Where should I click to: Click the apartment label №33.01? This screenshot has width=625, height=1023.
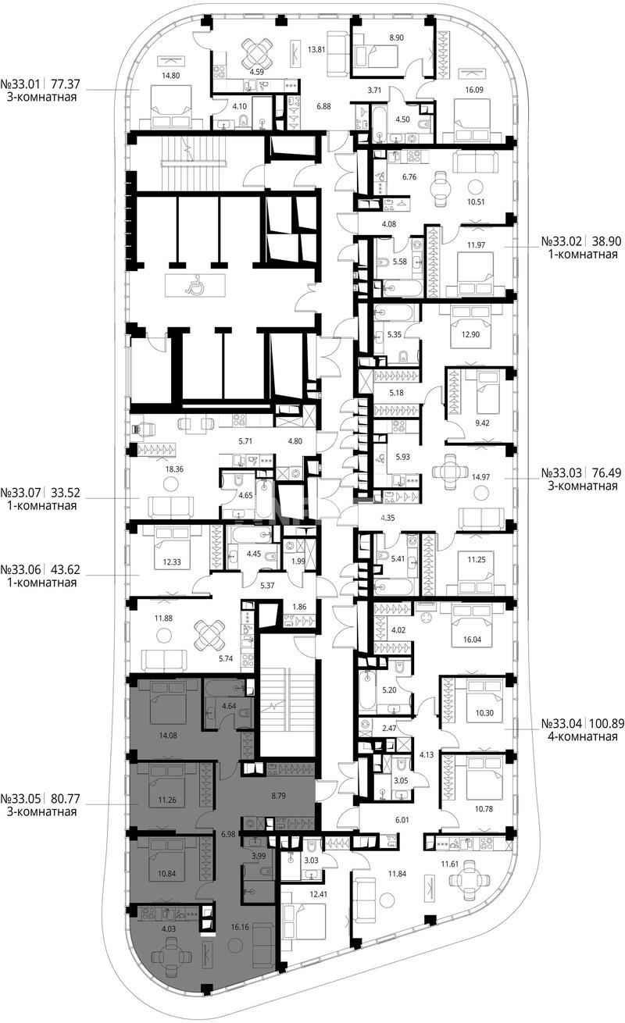[x=20, y=84]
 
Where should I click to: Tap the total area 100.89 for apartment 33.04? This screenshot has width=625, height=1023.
[x=605, y=723]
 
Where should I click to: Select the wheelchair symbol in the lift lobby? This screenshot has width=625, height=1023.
[x=195, y=285]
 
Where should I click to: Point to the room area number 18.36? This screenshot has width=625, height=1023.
[x=174, y=469]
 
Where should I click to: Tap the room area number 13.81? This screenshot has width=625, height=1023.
[x=316, y=49]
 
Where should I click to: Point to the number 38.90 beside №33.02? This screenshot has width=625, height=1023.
[x=605, y=241]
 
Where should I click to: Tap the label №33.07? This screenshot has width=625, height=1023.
[x=20, y=493]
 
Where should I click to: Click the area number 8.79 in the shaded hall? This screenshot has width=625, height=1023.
[x=278, y=796]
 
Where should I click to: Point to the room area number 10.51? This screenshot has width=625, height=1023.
[x=475, y=201]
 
